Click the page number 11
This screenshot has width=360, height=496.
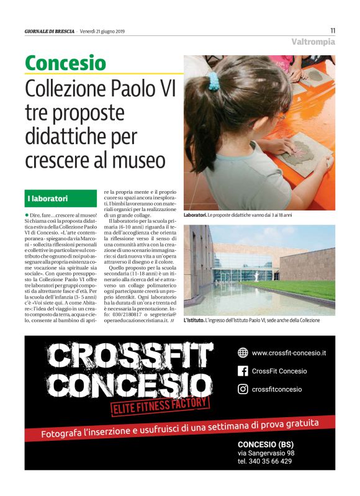tap(332, 30)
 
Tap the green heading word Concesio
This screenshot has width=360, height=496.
tap(65, 63)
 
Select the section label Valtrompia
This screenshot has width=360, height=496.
tap(313, 42)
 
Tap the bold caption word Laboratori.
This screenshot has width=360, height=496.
tap(195, 215)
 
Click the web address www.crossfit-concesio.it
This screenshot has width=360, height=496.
tap(289, 353)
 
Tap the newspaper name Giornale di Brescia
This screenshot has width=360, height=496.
tap(50, 31)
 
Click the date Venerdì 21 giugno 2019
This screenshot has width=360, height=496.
tap(102, 31)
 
